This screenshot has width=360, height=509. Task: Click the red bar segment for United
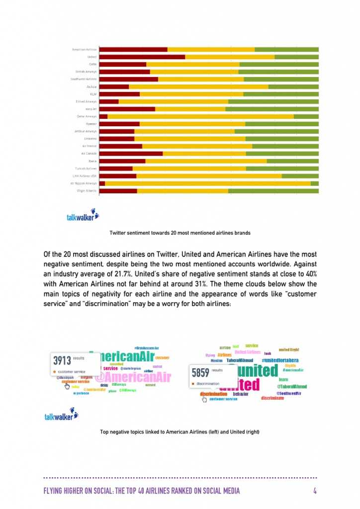pyautogui.click(x=142, y=57)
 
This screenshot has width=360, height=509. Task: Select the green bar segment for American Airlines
pyautogui.click(x=286, y=49)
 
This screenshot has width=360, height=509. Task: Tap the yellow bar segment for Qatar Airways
pyautogui.click(x=200, y=116)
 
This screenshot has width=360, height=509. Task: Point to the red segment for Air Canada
pyautogui.click(x=131, y=154)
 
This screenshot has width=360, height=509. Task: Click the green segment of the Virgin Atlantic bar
pyautogui.click(x=273, y=191)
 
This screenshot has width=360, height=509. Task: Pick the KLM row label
pyautogui.click(x=93, y=94)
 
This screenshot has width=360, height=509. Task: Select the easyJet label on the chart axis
pyautogui.click(x=90, y=109)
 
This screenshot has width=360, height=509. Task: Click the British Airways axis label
pyautogui.click(x=86, y=72)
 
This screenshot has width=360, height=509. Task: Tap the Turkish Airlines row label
pyautogui.click(x=86, y=169)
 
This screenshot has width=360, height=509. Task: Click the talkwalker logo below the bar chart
pyautogui.click(x=83, y=216)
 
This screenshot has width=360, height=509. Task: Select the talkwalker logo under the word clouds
pyautogui.click(x=62, y=414)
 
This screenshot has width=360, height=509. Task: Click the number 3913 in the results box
pyautogui.click(x=62, y=360)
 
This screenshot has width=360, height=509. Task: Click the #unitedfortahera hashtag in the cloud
pyautogui.click(x=280, y=360)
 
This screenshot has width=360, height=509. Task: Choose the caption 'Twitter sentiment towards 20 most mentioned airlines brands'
pyautogui.click(x=180, y=233)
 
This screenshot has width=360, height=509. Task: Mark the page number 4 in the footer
pyautogui.click(x=315, y=491)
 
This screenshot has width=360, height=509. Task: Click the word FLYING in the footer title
pyautogui.click(x=55, y=491)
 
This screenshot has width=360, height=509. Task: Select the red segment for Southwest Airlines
pyautogui.click(x=129, y=79)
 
